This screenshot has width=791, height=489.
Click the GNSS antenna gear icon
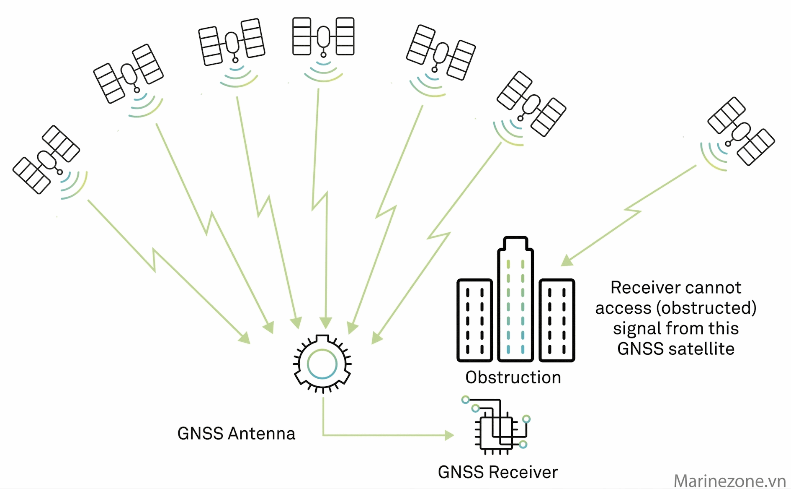coord(322,364)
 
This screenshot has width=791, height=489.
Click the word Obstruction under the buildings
coord(513,377)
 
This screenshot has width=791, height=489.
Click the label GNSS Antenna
coord(236,434)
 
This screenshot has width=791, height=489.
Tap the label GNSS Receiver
coord(498,472)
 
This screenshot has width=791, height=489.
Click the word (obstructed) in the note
coord(706,308)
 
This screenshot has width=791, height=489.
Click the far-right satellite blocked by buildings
coord(741,131)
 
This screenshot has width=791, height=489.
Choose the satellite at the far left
coord(46,159)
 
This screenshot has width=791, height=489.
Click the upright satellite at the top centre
coord(323,36)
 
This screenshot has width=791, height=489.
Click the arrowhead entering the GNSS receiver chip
coord(449,435)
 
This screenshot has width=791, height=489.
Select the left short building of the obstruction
coord(474,320)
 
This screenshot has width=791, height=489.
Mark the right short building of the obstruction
coord(557,320)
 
